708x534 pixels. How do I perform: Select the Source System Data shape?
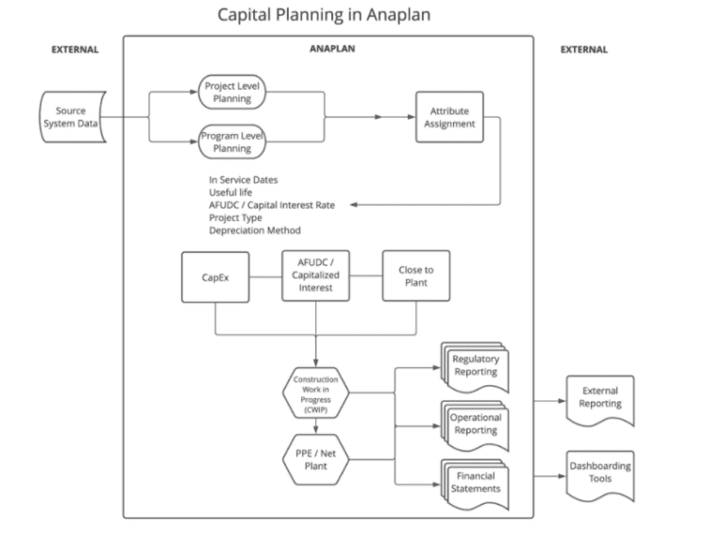click(71, 117)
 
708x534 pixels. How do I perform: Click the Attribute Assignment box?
click(449, 117)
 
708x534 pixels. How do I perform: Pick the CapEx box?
click(214, 276)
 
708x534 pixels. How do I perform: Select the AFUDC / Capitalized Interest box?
click(315, 276)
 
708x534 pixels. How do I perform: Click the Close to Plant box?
click(415, 276)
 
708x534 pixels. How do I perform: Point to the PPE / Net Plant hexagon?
click(315, 458)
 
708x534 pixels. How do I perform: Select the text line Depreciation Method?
click(254, 230)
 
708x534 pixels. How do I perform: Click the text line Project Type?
click(236, 217)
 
